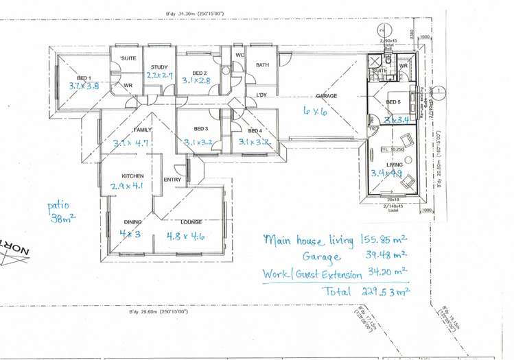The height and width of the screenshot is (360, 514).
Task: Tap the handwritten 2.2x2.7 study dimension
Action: point(159,75)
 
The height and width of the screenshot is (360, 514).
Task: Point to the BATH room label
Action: point(262,65)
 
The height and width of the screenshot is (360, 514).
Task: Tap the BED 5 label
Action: point(393,102)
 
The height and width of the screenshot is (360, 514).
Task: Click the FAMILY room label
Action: point(143,130)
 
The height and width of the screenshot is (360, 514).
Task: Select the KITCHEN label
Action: point(132,176)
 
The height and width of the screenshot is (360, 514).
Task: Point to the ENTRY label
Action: point(172,180)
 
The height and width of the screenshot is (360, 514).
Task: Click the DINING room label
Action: point(132,221)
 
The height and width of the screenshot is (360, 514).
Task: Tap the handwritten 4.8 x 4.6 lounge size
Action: point(186,236)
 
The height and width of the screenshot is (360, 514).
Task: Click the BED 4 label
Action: point(255,130)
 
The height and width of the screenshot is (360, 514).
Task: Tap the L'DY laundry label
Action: point(261,95)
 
